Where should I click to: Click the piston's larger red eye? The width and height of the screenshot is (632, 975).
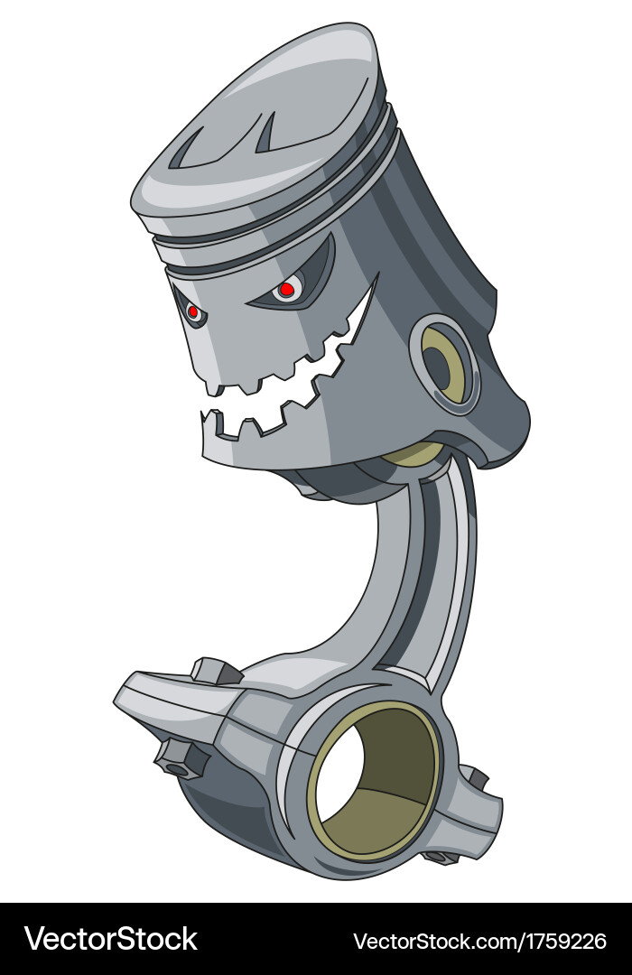tap(286, 289)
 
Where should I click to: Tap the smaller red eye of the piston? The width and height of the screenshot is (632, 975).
tap(192, 311)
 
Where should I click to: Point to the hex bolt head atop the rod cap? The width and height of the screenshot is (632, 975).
tap(216, 671)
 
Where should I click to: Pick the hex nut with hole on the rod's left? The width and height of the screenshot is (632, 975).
tap(178, 758)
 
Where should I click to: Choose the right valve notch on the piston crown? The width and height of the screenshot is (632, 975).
tap(265, 133)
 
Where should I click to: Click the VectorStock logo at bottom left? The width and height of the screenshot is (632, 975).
tap(110, 939)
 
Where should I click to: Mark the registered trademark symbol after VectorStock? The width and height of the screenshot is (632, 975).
tap(203, 928)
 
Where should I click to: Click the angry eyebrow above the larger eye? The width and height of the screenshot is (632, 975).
tap(302, 262)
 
